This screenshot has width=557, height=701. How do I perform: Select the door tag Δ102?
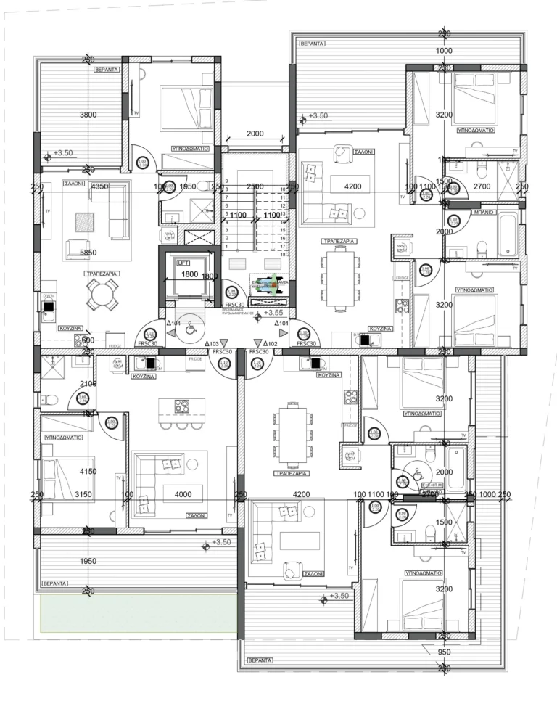[x=271, y=344]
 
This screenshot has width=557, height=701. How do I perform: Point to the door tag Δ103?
[x=213, y=344]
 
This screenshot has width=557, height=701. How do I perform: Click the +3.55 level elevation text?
[x=273, y=313]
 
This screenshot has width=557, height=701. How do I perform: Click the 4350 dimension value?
[x=99, y=186]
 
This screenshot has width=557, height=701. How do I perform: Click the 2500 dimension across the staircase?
[x=255, y=186]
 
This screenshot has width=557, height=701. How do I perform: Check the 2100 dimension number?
[x=88, y=384]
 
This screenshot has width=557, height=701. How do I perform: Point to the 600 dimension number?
[x=88, y=340]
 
